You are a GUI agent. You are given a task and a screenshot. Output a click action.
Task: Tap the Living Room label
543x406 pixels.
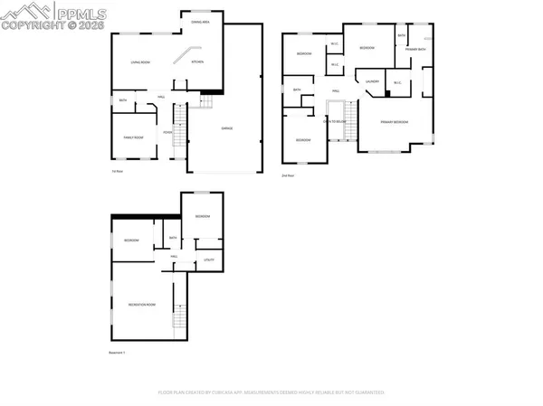pos(141,62)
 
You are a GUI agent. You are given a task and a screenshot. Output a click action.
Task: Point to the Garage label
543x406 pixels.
pos(227,128)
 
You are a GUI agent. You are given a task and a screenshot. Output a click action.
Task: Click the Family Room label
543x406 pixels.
pos(134,137)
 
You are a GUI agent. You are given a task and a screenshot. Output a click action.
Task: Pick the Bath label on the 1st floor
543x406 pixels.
pos(122,100)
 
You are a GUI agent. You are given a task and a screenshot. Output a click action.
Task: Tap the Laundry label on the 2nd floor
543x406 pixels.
pos(371,81)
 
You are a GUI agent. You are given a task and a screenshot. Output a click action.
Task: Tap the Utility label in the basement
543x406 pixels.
pos(207,260)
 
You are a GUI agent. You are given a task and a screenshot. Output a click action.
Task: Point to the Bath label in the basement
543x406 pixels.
pos(172,239)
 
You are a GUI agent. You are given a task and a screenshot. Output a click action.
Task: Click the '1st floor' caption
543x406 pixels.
pos(116,171)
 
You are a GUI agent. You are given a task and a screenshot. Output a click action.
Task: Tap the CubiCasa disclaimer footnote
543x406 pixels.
pos(271,392)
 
